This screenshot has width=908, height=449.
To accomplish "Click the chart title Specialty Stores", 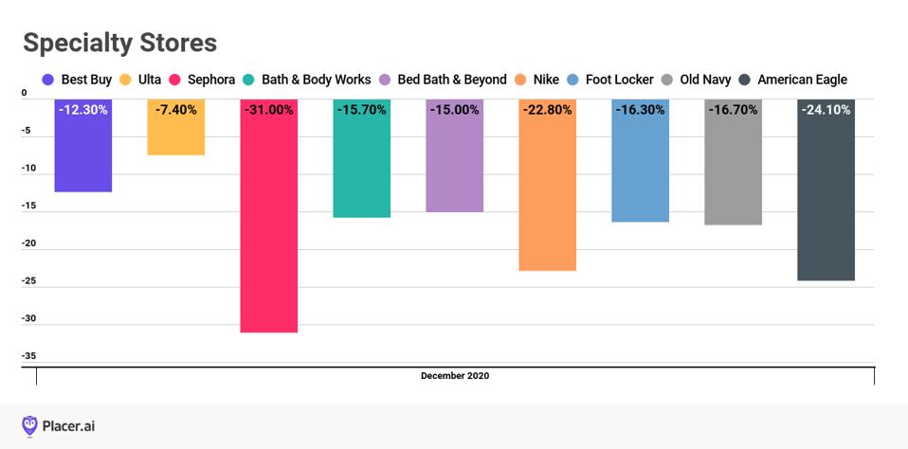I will click(119, 43).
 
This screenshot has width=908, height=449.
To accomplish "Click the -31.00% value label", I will click(268, 110).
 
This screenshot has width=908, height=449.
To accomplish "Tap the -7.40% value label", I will click(176, 110).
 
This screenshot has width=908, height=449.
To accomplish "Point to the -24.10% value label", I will click(826, 110).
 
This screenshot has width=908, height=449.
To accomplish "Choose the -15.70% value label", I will click(361, 110).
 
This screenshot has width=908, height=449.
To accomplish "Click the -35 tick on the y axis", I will click(29, 356).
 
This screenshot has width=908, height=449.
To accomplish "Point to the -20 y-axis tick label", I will click(29, 243).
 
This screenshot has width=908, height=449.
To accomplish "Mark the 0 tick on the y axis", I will click(25, 93).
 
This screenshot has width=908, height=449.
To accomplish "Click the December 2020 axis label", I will click(455, 376).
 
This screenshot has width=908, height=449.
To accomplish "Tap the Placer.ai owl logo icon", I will click(30, 425).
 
